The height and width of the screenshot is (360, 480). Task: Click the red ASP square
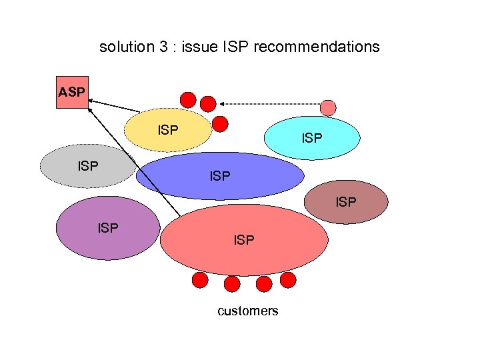point(71,93)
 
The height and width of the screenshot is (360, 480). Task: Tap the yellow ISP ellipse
point(169,131)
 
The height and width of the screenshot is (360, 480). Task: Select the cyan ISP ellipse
point(312,138)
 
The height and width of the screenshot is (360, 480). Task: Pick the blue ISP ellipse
point(220,176)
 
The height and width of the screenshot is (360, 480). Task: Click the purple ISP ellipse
point(108,228)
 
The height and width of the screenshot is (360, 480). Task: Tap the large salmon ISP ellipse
point(244,240)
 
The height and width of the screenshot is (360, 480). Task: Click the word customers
point(248,311)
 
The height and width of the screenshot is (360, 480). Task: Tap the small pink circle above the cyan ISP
point(328,107)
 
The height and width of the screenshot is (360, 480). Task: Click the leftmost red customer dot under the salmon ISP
point(199,281)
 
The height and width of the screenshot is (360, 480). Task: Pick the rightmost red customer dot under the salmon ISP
point(287,280)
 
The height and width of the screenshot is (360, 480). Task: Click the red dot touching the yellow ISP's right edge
point(220,123)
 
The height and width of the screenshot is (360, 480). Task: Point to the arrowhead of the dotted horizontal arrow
point(221,103)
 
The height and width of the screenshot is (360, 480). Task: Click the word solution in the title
point(125,47)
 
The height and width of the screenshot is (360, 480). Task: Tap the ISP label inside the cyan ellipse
point(312,138)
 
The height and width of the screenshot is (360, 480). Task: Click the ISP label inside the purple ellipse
point(108,228)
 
